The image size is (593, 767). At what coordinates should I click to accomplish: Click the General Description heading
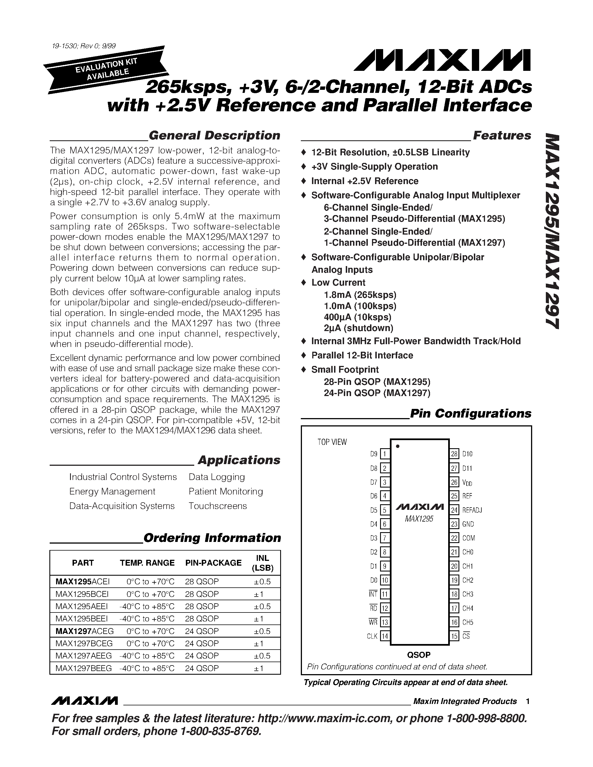(x=214, y=136)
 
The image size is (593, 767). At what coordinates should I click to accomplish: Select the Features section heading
(x=502, y=136)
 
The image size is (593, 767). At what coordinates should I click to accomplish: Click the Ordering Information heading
(x=212, y=538)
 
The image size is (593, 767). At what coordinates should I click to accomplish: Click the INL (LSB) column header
(x=262, y=563)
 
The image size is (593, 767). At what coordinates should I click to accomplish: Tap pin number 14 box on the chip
(x=385, y=636)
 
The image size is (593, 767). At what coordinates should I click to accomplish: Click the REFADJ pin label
(x=472, y=510)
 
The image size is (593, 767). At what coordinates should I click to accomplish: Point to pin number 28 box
(x=454, y=454)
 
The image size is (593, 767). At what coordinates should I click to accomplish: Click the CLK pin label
(x=372, y=636)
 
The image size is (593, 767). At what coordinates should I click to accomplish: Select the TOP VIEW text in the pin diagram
(x=332, y=442)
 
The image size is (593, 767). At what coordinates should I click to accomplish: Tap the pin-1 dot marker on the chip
(x=398, y=446)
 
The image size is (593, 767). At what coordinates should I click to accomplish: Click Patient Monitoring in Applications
(x=225, y=491)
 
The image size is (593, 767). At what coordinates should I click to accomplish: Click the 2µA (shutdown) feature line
(x=358, y=328)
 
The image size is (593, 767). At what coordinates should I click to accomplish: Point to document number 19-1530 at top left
(x=83, y=46)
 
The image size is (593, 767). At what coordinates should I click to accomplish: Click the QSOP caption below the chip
(x=419, y=655)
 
